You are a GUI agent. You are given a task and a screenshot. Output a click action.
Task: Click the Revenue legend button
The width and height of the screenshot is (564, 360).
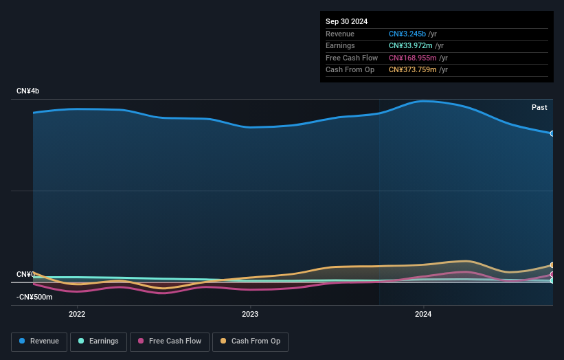coord(39,341)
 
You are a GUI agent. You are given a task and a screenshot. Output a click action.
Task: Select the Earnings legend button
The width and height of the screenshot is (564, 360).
coord(98,341)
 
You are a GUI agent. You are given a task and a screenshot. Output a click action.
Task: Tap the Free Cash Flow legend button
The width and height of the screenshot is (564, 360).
coord(170,341)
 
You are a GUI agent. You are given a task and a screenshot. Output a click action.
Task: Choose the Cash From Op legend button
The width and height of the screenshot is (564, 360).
coord(250,341)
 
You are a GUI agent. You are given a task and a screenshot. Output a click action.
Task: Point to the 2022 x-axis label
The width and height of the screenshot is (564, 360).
coord(77,315)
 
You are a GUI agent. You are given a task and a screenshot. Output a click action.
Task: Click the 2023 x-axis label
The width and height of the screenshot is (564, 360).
coord(250,315)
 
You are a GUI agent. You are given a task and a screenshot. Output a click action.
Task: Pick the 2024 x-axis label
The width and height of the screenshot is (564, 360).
coord(423,315)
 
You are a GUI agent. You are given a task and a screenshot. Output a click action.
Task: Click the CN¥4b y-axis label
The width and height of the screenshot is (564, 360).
coord(29,91)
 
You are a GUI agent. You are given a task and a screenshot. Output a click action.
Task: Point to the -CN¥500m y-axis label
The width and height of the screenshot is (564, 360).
coord(34,297)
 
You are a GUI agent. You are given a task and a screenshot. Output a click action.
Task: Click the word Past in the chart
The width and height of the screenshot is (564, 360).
coord(539,108)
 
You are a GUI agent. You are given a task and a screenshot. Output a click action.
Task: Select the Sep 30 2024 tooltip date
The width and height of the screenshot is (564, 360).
coord(346,21)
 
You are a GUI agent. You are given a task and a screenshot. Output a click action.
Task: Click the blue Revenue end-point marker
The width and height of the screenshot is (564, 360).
coord(552,133)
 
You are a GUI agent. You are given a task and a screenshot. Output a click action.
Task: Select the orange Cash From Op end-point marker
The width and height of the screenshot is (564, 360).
coord(552,265)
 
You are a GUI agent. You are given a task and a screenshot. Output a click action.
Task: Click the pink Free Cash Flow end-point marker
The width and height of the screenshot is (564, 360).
coord(552,274)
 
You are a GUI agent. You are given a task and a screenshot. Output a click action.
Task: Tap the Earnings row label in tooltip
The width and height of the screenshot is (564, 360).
coord(340,46)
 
